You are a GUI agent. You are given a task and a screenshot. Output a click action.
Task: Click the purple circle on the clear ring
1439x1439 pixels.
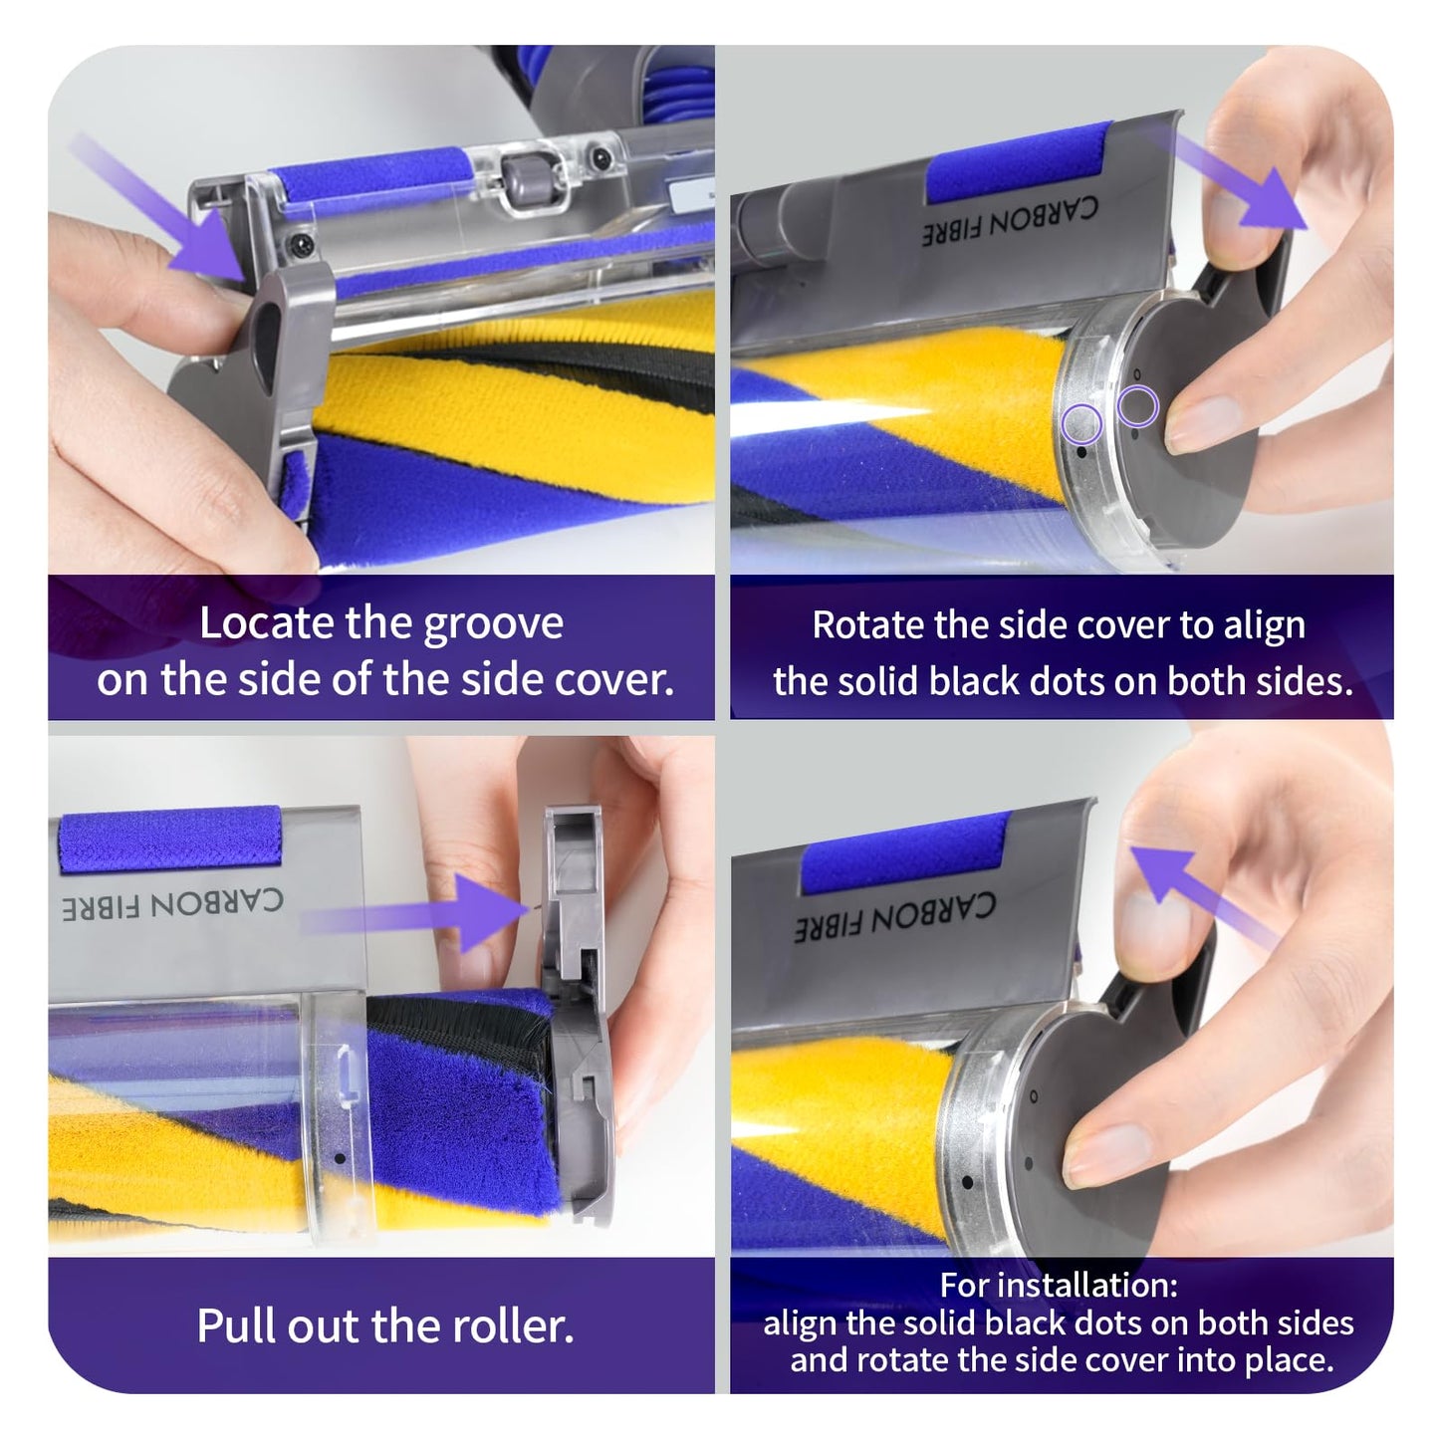(x=1081, y=423)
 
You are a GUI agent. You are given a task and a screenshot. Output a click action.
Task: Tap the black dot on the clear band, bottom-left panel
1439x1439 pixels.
(x=340, y=1158)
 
